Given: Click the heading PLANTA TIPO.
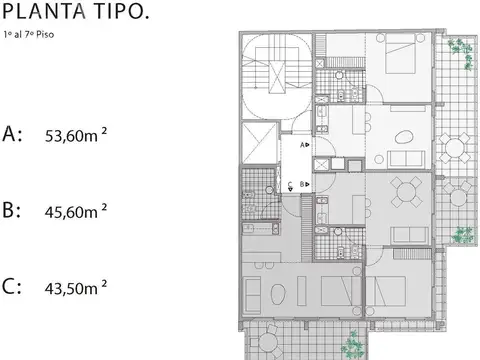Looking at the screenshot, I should [78, 11].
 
